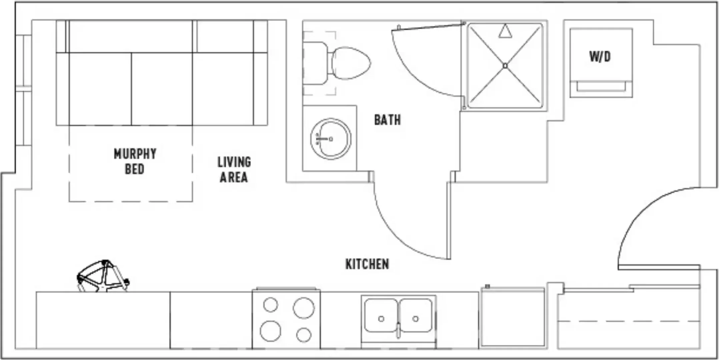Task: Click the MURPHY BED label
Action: click(x=135, y=162)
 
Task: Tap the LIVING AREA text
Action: click(x=234, y=170)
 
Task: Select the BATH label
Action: click(x=388, y=120)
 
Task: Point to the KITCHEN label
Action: click(x=367, y=264)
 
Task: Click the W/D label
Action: click(x=600, y=57)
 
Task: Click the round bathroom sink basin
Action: click(x=331, y=138)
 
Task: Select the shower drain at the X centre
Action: click(x=505, y=66)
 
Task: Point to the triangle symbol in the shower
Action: click(x=505, y=31)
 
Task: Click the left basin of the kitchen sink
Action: click(x=381, y=315)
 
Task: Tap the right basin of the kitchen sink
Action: click(x=416, y=315)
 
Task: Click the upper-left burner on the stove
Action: click(x=270, y=305)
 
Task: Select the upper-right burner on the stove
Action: click(x=303, y=308)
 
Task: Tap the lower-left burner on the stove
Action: click(x=270, y=331)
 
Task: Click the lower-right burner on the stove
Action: click(x=304, y=335)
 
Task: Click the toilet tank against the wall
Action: click(x=315, y=63)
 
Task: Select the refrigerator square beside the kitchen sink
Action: click(x=513, y=317)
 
